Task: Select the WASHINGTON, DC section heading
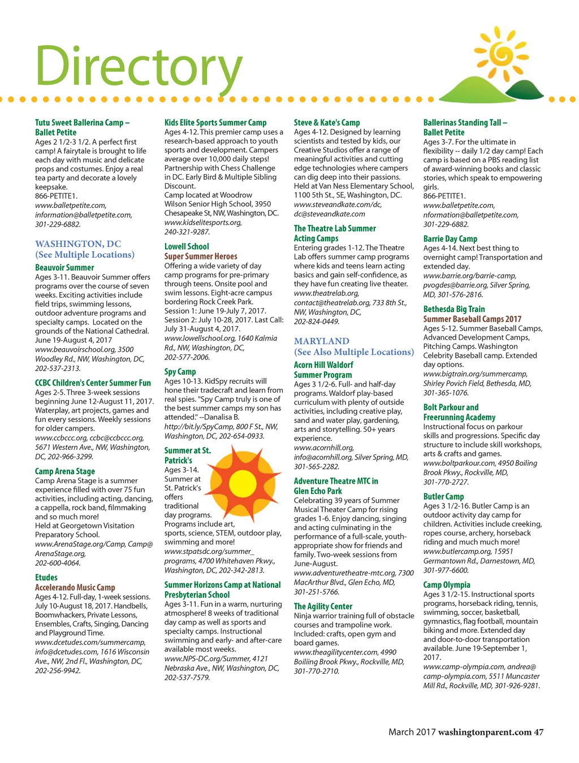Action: point(78,244)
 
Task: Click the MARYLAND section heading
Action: point(322,341)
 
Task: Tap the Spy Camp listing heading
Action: point(180,372)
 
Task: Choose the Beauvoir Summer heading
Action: point(64,268)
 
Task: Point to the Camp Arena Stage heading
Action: point(65,471)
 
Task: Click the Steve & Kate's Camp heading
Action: point(327,123)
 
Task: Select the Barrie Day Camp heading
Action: point(450,239)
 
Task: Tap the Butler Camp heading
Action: point(443,497)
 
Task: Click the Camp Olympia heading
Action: point(447,585)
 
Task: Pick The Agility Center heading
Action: point(323,606)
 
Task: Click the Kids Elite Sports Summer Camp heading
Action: point(215,123)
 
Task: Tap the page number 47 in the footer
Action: point(539,732)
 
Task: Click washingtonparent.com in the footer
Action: point(485,732)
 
